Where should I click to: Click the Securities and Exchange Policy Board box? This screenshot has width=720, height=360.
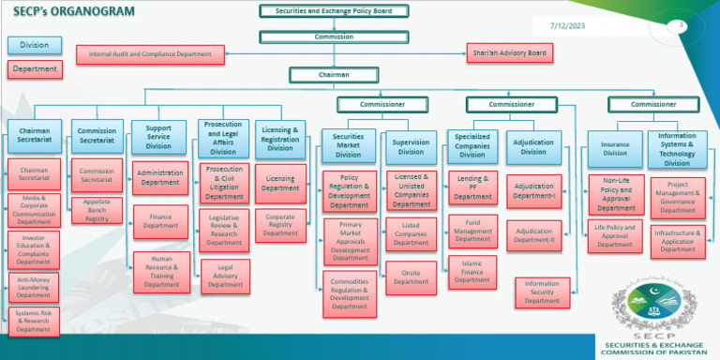click(x=334, y=11)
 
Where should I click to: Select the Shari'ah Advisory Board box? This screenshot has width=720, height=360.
click(x=510, y=53)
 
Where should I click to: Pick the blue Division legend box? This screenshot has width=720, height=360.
click(x=34, y=44)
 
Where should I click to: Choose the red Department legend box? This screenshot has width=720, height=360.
click(x=34, y=68)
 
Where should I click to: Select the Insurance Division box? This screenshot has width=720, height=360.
click(x=614, y=147)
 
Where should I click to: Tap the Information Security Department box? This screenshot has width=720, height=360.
click(x=542, y=292)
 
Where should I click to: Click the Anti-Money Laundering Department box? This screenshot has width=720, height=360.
click(x=34, y=288)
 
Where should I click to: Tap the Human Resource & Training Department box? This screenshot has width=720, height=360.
click(x=161, y=272)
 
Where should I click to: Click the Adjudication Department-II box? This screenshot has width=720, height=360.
click(x=534, y=234)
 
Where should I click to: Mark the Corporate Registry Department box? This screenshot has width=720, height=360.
click(x=280, y=226)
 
